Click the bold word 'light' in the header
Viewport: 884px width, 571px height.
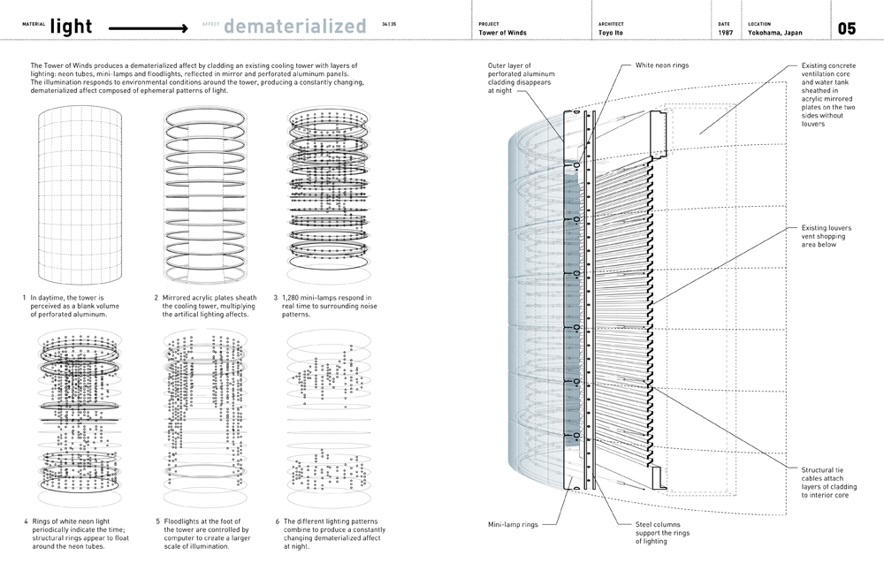pyautogui.click(x=72, y=27)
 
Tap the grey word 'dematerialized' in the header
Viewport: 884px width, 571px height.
pyautogui.click(x=294, y=27)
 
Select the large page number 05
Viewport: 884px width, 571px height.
pyautogui.click(x=846, y=28)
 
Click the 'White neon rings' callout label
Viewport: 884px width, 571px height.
pyautogui.click(x=662, y=65)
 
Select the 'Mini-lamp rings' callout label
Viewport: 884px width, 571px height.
pyautogui.click(x=512, y=524)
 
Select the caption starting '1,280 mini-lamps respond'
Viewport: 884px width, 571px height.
pyautogui.click(x=323, y=306)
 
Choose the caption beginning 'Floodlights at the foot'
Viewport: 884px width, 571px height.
pyautogui.click(x=197, y=534)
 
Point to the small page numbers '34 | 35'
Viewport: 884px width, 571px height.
pyautogui.click(x=390, y=25)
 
